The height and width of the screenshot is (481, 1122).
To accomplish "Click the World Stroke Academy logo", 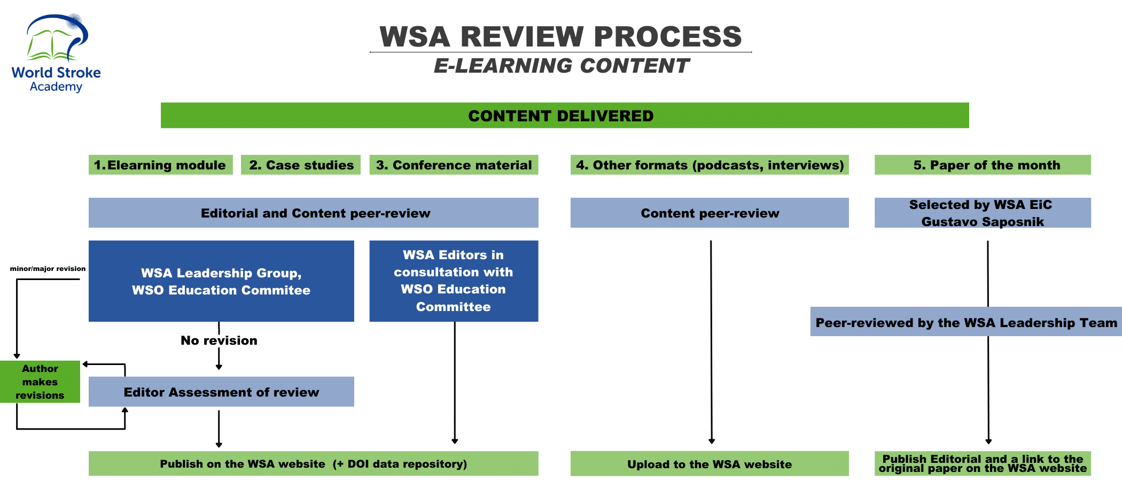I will click(x=56, y=53).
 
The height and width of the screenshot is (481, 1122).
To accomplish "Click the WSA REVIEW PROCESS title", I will click(x=560, y=37).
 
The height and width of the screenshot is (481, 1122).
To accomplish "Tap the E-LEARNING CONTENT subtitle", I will click(x=561, y=66).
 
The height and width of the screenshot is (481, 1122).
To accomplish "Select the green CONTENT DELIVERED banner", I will click(x=565, y=115).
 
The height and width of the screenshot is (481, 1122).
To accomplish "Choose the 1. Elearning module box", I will click(x=160, y=165).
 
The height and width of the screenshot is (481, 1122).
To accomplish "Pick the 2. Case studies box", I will click(x=301, y=165).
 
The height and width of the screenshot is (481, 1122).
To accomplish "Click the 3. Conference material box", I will click(x=454, y=165).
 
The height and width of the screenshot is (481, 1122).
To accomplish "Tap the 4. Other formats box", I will click(x=710, y=165).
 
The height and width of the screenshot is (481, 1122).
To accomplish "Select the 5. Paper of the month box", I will click(x=983, y=165).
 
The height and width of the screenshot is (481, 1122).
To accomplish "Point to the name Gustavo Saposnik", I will click(x=983, y=222).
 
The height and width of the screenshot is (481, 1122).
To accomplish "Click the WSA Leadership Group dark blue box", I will click(x=221, y=281).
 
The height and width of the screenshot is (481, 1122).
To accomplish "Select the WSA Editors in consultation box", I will click(x=454, y=281).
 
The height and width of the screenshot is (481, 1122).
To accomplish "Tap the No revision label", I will click(x=219, y=340).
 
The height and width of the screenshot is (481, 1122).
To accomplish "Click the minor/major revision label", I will click(x=48, y=269).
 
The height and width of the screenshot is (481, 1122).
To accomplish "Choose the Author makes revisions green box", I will click(x=40, y=382).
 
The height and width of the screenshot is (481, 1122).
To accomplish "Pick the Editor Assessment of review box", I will click(x=221, y=392).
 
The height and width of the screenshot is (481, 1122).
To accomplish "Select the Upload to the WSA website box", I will click(x=710, y=464).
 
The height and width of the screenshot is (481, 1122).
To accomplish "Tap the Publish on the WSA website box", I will click(x=314, y=464).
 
